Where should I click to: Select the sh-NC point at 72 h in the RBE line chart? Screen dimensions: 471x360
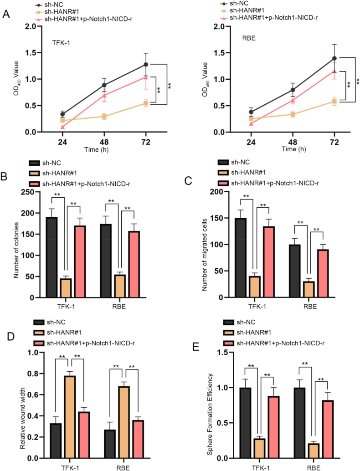coord(334,58)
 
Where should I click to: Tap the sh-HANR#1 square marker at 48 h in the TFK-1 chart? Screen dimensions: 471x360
coord(104,117)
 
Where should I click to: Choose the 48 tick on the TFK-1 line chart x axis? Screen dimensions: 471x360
coord(104,142)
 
